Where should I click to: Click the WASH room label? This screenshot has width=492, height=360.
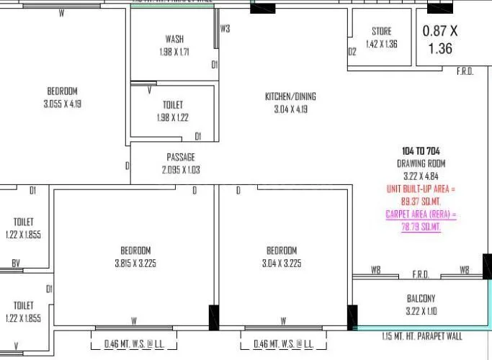[x=174, y=39]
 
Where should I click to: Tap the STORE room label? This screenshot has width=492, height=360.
[x=382, y=32]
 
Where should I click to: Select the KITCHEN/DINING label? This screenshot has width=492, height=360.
[x=290, y=96]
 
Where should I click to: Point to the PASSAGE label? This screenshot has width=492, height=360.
[x=181, y=157]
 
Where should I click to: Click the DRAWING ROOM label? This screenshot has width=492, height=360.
[x=421, y=163]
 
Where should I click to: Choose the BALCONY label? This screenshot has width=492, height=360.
[x=421, y=299]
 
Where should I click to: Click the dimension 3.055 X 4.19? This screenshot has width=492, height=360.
[x=62, y=104]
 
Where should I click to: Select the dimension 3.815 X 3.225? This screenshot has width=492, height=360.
[x=135, y=263]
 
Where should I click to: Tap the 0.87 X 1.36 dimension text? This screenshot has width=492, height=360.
[x=440, y=40]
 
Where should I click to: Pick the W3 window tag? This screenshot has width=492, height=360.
[x=225, y=30]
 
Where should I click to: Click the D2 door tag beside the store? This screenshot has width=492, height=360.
[x=352, y=52]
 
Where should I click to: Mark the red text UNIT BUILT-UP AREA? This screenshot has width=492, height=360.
[x=421, y=189]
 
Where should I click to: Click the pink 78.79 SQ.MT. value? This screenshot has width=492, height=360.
[x=421, y=227]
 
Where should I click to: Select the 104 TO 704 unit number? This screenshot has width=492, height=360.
[x=421, y=151]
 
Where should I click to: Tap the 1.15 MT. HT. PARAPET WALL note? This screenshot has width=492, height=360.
[x=422, y=336]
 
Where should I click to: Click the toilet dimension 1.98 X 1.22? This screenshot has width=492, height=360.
[x=173, y=118]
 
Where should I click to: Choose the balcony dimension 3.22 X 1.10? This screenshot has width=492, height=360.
[x=421, y=311]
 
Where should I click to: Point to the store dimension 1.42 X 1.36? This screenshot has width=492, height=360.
[x=382, y=44]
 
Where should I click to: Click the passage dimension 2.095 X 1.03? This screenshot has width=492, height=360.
[x=181, y=170]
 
